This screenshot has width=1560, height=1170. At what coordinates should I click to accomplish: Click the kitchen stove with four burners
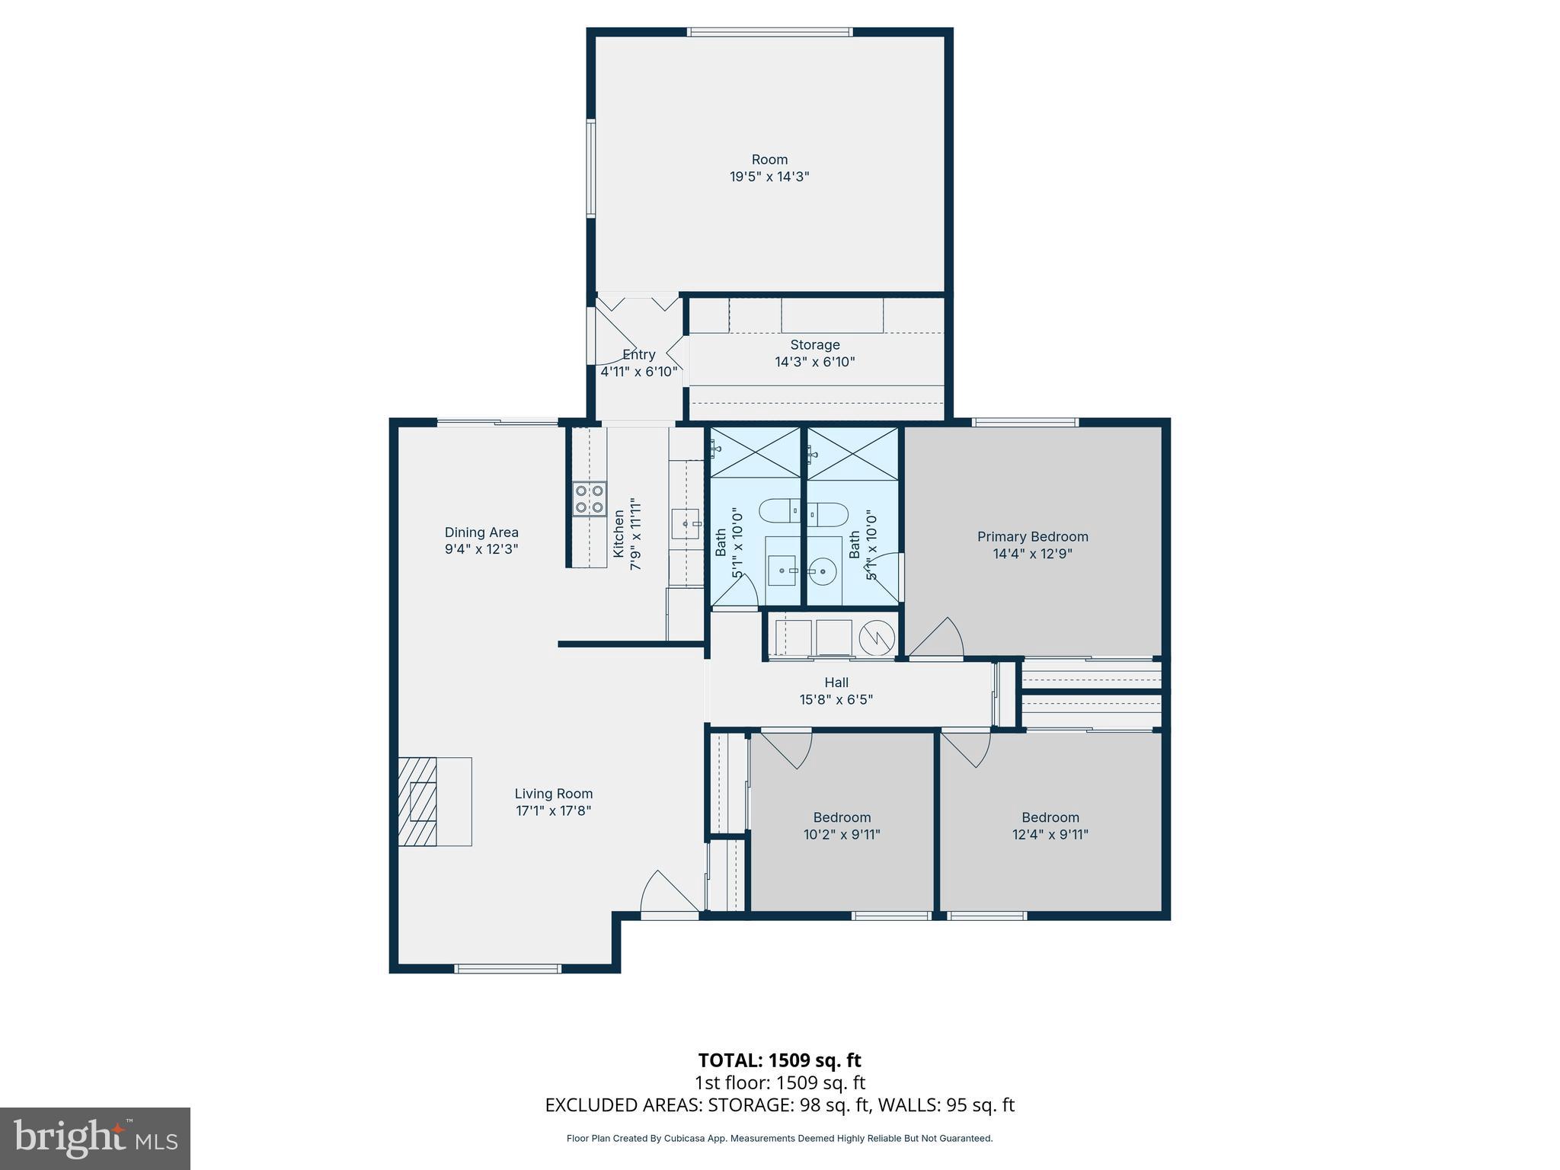tap(590, 499)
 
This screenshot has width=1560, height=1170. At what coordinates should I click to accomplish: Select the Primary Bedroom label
tap(1032, 537)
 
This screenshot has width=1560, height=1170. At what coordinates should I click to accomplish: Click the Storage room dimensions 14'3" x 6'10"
tap(814, 362)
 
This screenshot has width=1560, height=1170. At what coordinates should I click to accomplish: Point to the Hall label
tap(836, 682)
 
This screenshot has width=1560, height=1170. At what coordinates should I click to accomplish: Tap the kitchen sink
tap(686, 524)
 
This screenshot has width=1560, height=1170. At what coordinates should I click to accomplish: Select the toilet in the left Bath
tap(778, 510)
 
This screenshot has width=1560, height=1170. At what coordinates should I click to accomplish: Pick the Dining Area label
tap(481, 532)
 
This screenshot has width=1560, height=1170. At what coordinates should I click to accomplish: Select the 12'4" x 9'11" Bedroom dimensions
tap(1050, 834)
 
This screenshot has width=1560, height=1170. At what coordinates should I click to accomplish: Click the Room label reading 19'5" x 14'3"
tap(769, 168)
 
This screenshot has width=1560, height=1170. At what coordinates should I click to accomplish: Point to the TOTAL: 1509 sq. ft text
tap(779, 1060)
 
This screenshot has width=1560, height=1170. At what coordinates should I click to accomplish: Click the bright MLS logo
tap(94, 1138)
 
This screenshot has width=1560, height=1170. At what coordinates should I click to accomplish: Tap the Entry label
tap(638, 355)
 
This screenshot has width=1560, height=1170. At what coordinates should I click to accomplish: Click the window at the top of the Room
tap(769, 32)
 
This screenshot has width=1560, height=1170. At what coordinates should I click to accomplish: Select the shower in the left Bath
tap(754, 452)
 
